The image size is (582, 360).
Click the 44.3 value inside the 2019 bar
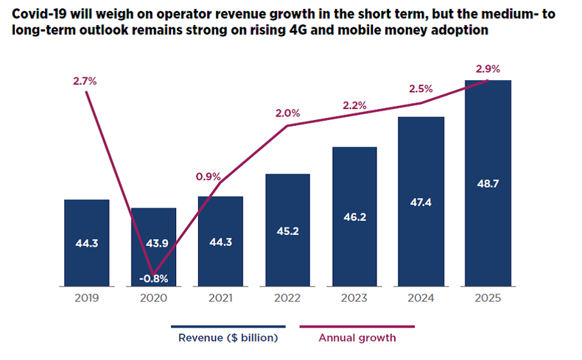(87, 244)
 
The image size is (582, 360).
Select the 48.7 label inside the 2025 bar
(488, 183)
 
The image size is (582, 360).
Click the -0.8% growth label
(154, 278)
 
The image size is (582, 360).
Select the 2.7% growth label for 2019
(85, 81)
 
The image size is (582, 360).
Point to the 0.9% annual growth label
(209, 176)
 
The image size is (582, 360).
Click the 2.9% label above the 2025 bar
(488, 69)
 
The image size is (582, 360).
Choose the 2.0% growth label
(287, 113)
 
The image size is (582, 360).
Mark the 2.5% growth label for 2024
(421, 89)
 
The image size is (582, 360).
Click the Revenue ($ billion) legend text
(228, 339)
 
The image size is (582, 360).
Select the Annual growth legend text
(357, 339)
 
